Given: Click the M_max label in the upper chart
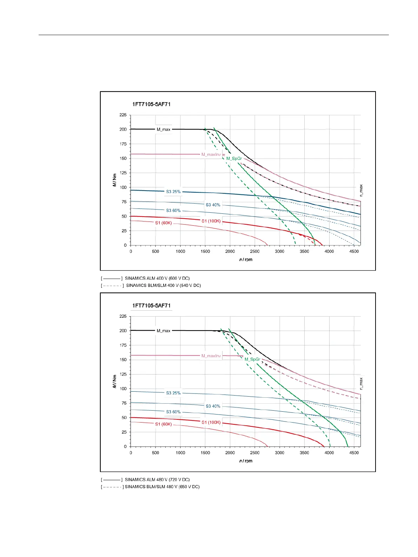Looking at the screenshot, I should click(x=163, y=130).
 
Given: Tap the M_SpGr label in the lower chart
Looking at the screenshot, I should click(x=252, y=359).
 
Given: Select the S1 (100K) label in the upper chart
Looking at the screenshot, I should click(x=211, y=221).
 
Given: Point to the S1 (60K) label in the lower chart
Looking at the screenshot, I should click(x=164, y=424).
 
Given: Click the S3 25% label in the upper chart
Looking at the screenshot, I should click(x=173, y=192).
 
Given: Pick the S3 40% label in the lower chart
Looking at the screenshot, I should click(x=213, y=406).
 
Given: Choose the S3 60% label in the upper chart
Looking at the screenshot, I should click(x=173, y=211).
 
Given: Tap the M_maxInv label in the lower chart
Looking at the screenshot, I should click(x=211, y=356).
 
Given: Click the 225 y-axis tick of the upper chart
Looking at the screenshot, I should click(x=123, y=115).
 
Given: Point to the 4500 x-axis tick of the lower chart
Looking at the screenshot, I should click(x=354, y=453).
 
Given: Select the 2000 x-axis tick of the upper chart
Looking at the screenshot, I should click(x=230, y=251).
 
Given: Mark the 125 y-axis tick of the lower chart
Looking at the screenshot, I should click(x=123, y=374).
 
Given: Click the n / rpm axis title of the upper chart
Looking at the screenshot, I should click(x=246, y=260).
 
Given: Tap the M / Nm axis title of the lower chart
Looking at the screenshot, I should click(x=115, y=381).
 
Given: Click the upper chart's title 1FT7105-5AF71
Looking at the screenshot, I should click(x=151, y=104).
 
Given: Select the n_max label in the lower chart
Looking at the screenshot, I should click(x=361, y=383).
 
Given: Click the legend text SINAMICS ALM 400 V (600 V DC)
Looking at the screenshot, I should click(x=157, y=278).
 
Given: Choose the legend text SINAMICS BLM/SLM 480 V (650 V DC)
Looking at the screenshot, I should click(x=162, y=487).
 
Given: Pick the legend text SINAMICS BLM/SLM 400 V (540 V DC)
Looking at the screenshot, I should click(x=164, y=285).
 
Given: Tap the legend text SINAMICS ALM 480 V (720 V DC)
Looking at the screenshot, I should click(x=157, y=480).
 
